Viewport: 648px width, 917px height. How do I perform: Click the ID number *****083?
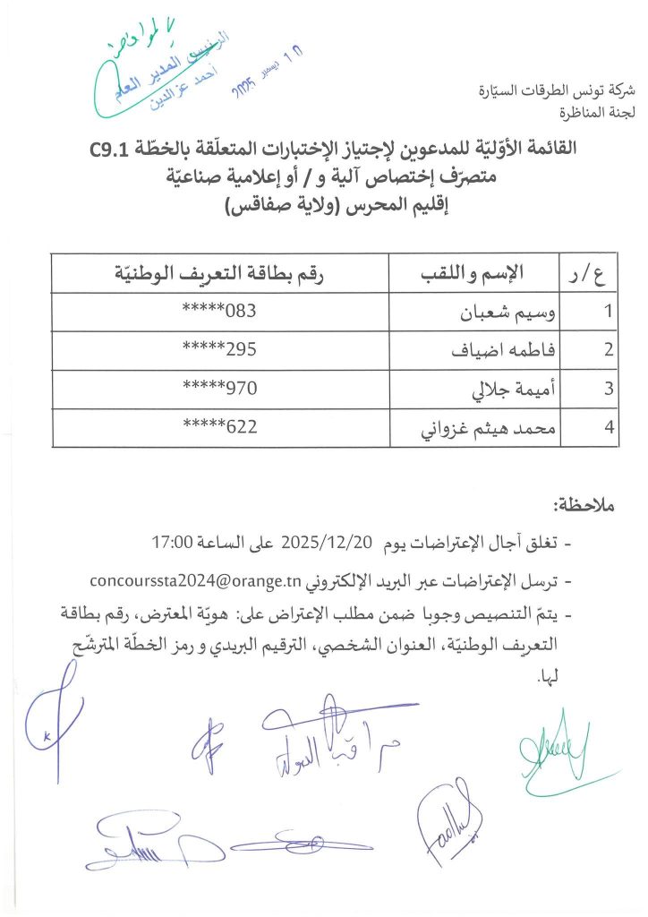219,313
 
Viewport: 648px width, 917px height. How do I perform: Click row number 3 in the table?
609,390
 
